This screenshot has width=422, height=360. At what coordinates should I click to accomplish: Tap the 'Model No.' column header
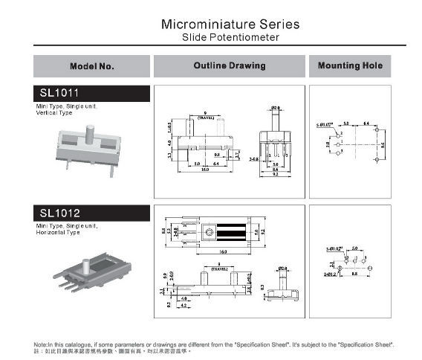pos(91,66)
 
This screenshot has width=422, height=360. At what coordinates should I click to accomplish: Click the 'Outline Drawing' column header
pos(229,66)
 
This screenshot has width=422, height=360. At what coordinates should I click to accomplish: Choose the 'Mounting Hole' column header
pos(350,66)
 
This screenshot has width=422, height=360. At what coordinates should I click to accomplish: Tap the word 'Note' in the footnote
pos(41,344)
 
